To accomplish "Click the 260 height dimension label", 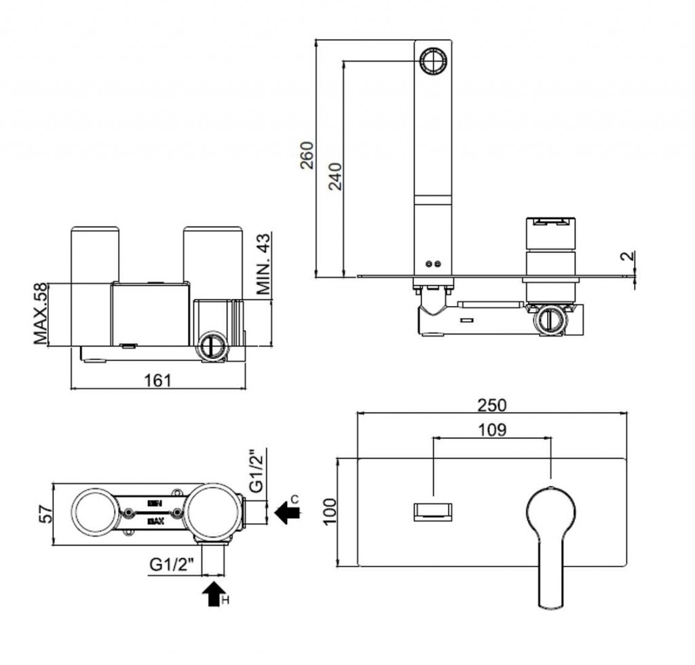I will coord(307,155).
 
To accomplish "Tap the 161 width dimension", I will coord(157,380).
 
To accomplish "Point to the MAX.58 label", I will coord(42,313).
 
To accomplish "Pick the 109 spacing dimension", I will coord(492,430).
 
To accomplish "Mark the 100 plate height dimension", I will coord(330,512).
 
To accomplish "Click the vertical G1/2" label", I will coord(257,470).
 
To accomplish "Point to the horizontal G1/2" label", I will coord(172,563).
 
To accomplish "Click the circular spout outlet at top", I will coord(432,61).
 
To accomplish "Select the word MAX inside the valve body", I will coord(154,522).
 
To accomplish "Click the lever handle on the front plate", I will coord(551,536).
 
